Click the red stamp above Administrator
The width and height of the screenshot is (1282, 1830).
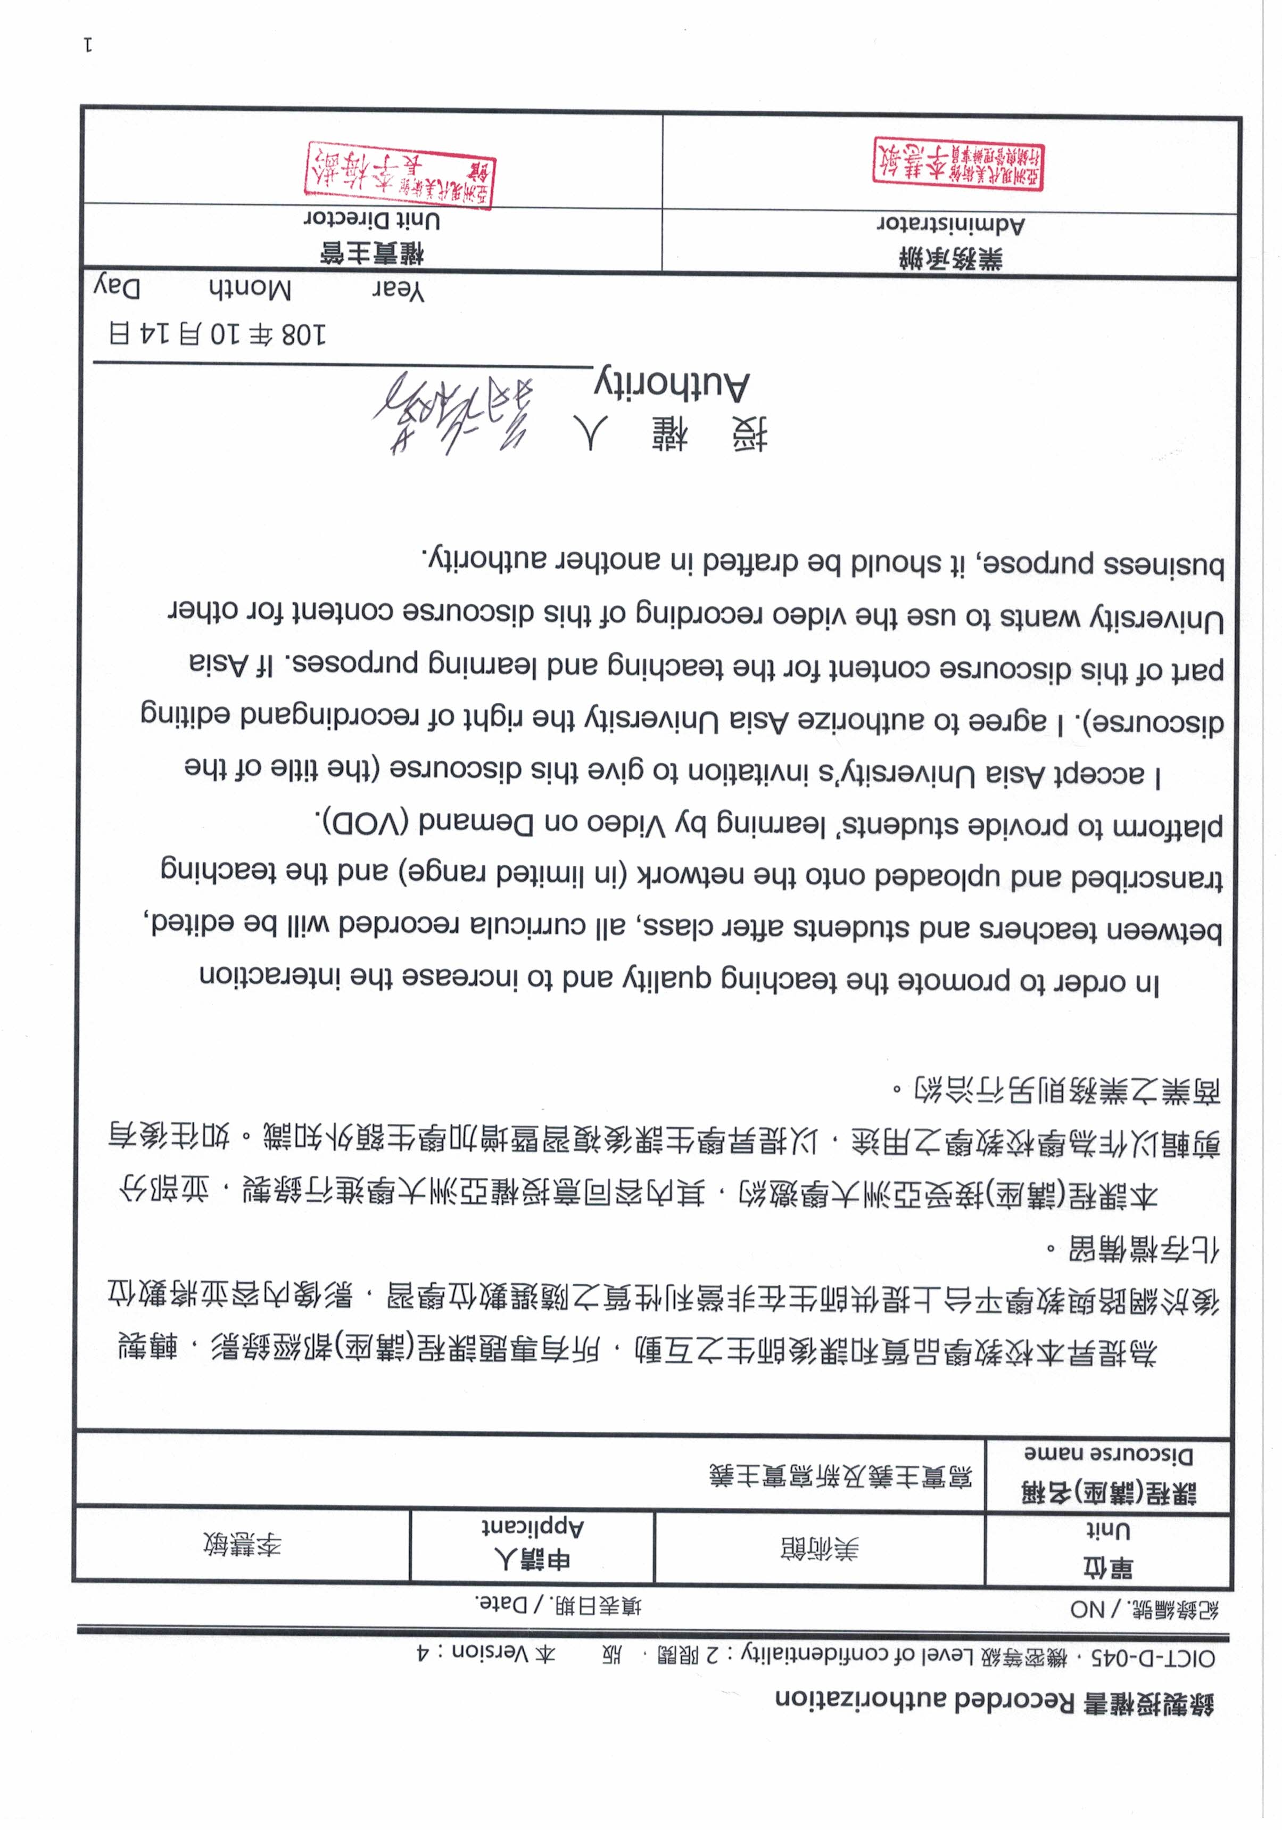(958, 163)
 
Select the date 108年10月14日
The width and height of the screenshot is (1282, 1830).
(218, 333)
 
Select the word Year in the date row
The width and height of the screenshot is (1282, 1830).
(399, 291)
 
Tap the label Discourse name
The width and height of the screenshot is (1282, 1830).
(1107, 1455)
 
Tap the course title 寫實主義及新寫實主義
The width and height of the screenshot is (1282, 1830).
(841, 1476)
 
